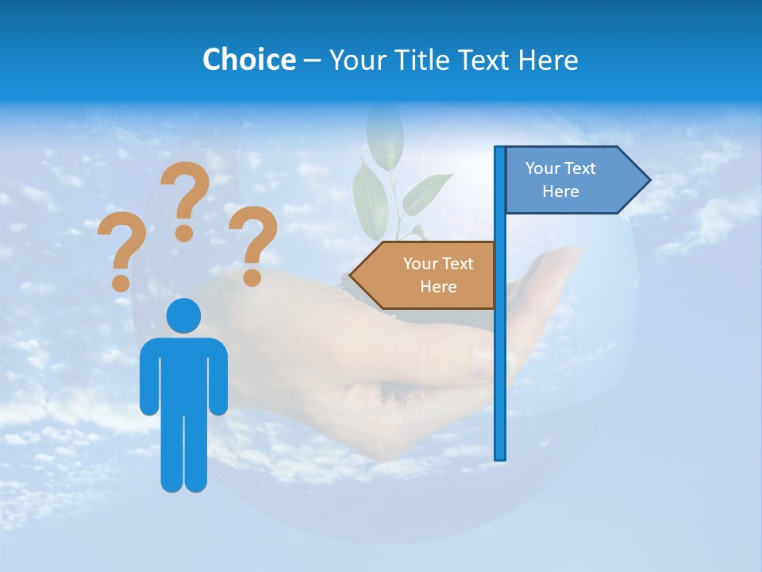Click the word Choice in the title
coord(248,60)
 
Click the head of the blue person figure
coord(183,315)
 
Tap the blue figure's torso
coord(183,373)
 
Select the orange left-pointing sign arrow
coord(425,275)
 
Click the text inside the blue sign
coord(560,180)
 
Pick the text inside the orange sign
coord(438,275)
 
